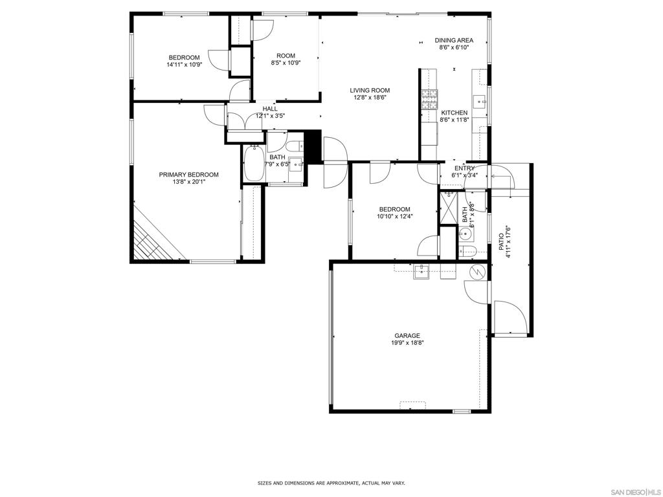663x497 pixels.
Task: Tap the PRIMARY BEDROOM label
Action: click(188, 175)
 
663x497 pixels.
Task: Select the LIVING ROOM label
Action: click(370, 90)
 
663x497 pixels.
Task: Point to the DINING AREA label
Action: click(454, 40)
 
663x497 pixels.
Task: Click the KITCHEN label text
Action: click(454, 113)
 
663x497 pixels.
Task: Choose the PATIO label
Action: click(501, 242)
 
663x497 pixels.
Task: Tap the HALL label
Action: click(270, 109)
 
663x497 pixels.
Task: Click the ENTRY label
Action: click(464, 168)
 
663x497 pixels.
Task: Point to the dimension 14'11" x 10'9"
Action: click(184, 65)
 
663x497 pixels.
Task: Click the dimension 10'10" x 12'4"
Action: click(394, 216)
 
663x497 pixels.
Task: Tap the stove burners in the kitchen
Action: click(429, 100)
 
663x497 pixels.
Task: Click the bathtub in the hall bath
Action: click(254, 164)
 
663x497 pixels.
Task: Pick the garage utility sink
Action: click(421, 272)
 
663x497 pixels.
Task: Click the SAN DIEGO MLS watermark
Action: click(638, 492)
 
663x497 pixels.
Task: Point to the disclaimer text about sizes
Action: click(331, 483)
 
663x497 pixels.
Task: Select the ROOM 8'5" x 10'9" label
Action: click(286, 59)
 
